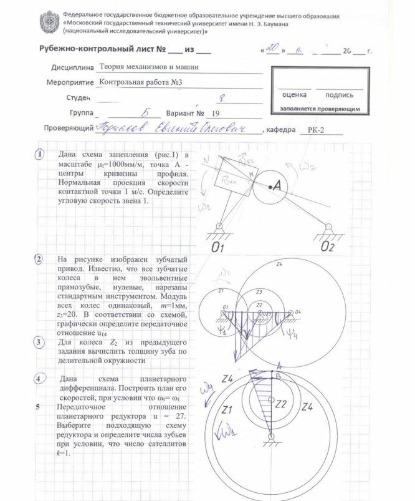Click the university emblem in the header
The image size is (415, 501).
coord(49,22)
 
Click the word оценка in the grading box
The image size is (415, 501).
coord(293,95)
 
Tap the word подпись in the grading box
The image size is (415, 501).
coord(339,95)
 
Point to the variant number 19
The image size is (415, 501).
coord(216,114)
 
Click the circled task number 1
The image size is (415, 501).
coord(39,153)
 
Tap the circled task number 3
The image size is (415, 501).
coord(39,342)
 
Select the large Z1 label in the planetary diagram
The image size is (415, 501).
coord(227,409)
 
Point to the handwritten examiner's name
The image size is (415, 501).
coord(178,129)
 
